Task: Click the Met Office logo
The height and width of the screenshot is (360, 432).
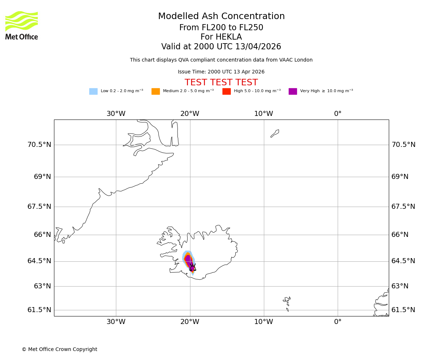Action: [22, 26]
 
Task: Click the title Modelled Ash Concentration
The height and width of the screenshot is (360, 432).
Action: [221, 17]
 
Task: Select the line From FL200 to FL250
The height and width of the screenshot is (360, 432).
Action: [221, 28]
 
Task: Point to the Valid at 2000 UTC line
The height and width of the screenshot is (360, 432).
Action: [221, 47]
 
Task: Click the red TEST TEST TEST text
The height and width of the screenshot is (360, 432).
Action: [221, 82]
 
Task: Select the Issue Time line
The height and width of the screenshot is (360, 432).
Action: [221, 72]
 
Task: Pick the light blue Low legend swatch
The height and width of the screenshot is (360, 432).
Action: [93, 91]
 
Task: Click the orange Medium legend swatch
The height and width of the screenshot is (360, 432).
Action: [156, 91]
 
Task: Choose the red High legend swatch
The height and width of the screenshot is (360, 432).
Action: [226, 91]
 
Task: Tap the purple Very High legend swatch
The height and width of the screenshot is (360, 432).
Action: [293, 91]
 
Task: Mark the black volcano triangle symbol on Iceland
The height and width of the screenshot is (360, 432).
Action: [193, 267]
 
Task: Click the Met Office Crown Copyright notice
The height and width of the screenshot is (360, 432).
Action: [59, 350]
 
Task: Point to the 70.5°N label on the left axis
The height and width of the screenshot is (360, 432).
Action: [39, 145]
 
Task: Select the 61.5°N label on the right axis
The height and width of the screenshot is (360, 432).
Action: [403, 310]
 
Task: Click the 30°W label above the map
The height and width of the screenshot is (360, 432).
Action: [116, 114]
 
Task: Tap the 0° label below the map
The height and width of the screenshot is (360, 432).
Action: [338, 322]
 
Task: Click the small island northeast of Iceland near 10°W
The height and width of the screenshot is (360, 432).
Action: [275, 133]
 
